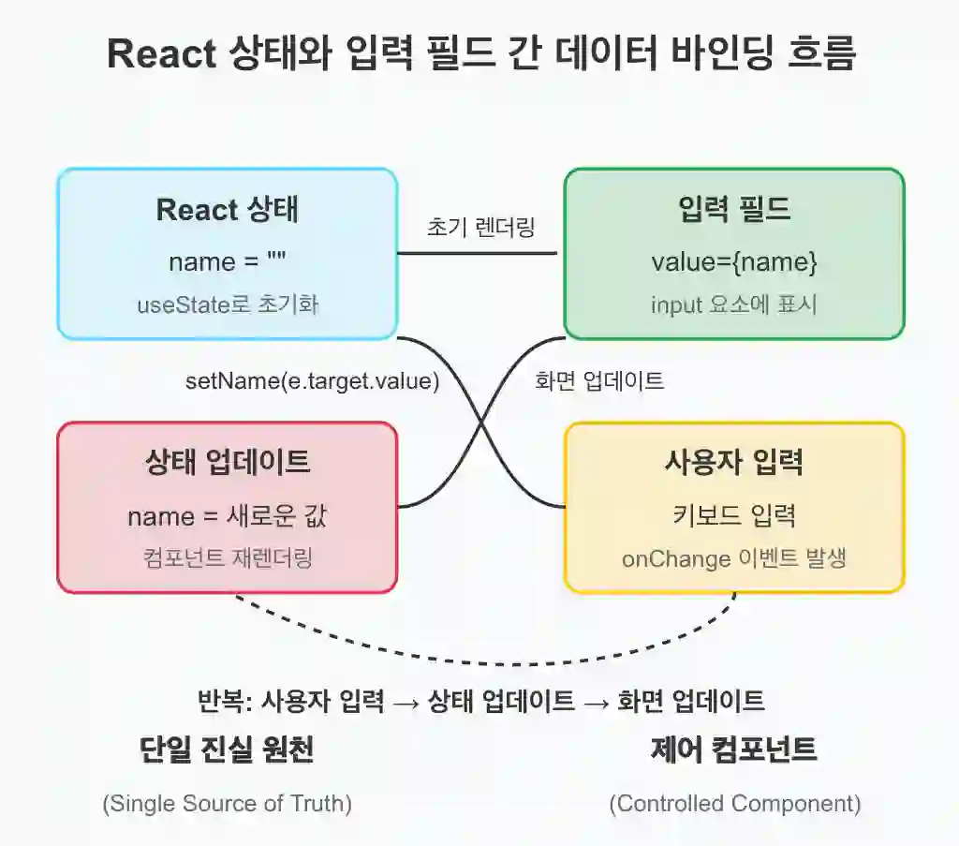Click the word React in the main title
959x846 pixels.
click(161, 53)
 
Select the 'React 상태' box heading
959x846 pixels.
click(227, 210)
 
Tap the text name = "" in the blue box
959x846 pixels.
click(227, 261)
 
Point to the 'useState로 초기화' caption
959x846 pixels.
click(228, 304)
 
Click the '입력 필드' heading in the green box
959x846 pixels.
click(734, 209)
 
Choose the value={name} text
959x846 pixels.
click(734, 261)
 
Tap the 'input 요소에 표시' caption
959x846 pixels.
click(734, 304)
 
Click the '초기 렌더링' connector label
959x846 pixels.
click(480, 227)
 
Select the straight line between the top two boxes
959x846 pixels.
click(477, 253)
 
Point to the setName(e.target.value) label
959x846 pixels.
click(313, 381)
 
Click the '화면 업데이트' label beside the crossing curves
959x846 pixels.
click(599, 380)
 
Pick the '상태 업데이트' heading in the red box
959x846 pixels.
click(228, 461)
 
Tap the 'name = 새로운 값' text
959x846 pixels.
click(228, 516)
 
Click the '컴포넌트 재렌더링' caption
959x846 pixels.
click(228, 557)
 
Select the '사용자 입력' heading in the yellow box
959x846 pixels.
click(734, 461)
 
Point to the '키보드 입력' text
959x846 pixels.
click(734, 515)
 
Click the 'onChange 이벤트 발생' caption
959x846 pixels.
click(734, 557)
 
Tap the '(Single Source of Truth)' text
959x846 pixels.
click(228, 803)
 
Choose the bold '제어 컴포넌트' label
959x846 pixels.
click(734, 749)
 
